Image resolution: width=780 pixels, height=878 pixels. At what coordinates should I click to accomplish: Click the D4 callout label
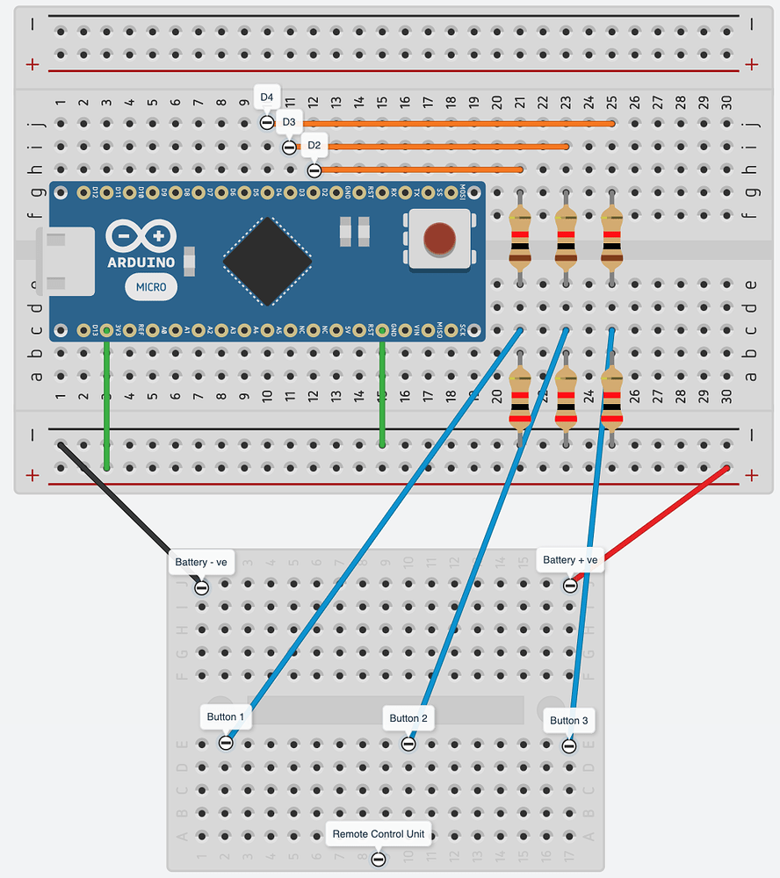click(x=267, y=97)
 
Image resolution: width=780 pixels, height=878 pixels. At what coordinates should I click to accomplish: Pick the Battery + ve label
click(x=569, y=560)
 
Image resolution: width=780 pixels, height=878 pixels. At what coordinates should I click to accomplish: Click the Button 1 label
click(x=227, y=717)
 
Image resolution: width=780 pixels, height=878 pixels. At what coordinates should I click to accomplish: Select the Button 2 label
click(x=408, y=718)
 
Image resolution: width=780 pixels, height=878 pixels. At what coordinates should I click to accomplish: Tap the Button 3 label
click(x=568, y=721)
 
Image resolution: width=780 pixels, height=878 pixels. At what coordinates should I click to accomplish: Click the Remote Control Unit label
click(x=379, y=834)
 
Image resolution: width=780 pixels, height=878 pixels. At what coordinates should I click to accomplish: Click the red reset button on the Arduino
click(x=439, y=238)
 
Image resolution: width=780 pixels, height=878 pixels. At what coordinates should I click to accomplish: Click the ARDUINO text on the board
click(x=141, y=263)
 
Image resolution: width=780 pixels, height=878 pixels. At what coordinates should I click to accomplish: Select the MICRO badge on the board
click(x=151, y=286)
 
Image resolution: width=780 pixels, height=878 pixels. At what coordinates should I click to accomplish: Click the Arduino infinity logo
click(x=141, y=236)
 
